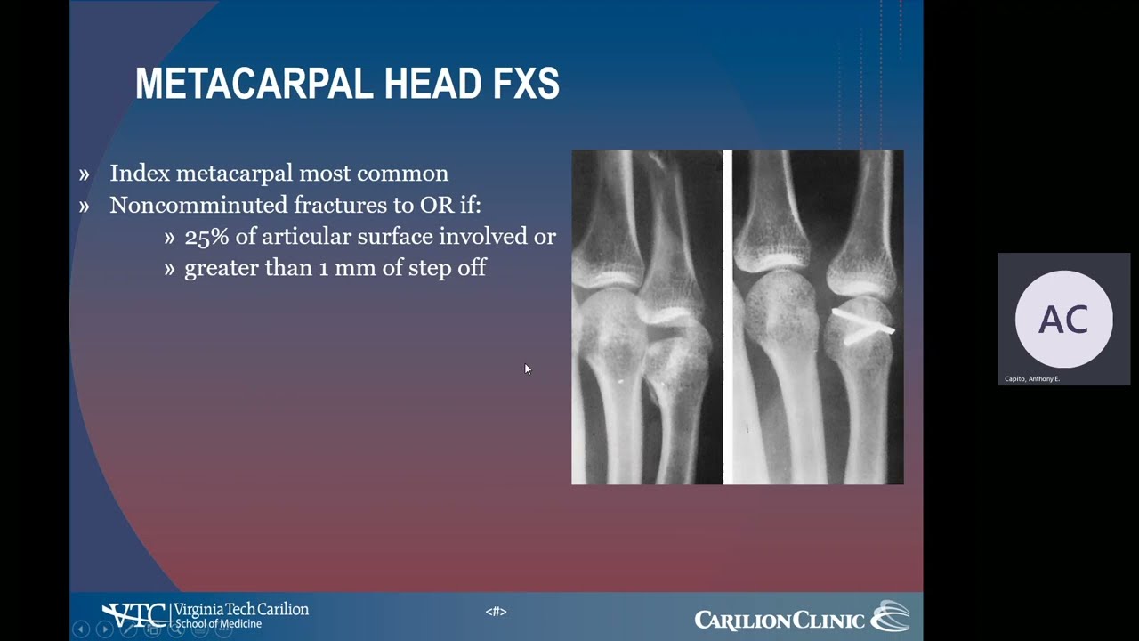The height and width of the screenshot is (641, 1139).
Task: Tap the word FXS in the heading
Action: point(526,84)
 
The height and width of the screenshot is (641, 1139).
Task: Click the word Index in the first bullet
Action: point(140,174)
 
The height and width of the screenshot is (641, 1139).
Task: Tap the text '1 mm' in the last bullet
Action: point(351,268)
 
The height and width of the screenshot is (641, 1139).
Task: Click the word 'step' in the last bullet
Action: point(430,269)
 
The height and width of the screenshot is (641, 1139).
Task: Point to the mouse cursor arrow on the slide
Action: point(527,369)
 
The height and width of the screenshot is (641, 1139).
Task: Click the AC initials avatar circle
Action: point(1063,319)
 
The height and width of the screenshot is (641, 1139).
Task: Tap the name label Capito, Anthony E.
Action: point(1032,379)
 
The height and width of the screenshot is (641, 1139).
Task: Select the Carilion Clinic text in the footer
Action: point(779,620)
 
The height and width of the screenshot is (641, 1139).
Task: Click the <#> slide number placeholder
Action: point(496,612)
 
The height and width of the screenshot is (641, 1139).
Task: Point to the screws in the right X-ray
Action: point(861,325)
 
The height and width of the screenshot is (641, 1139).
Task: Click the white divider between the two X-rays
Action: point(727,317)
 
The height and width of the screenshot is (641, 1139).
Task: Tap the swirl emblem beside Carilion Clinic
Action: point(890,616)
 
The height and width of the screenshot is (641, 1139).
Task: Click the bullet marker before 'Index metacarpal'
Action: point(85,174)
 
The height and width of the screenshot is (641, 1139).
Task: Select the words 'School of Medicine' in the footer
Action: point(218,624)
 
